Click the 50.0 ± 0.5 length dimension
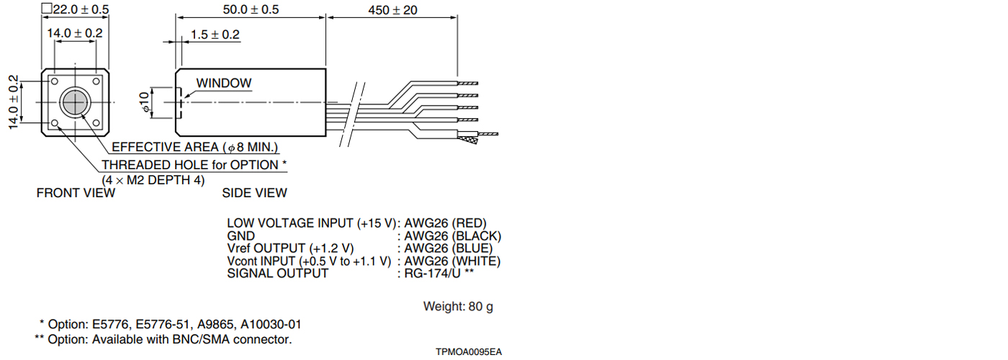click(x=251, y=9)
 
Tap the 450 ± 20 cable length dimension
click(x=392, y=9)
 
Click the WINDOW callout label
click(x=224, y=83)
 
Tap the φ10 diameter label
click(x=145, y=102)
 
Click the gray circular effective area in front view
click(x=75, y=103)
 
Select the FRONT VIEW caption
click(x=76, y=193)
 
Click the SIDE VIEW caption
click(x=254, y=193)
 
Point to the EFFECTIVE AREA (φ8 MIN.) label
click(x=194, y=148)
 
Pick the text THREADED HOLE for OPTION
click(x=194, y=165)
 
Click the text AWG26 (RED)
click(x=445, y=223)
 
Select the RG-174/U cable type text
click(x=438, y=274)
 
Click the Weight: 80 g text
click(x=458, y=307)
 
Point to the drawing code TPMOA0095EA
click(x=468, y=352)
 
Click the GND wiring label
click(x=240, y=236)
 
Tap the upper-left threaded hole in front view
click(x=54, y=82)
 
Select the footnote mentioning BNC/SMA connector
click(x=163, y=339)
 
